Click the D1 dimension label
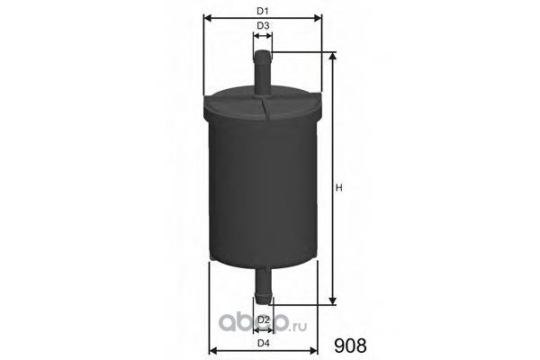point(263,11)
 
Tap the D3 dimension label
point(263,25)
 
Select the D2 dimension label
point(263,319)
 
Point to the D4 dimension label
point(263,343)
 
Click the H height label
point(339,188)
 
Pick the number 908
point(350,346)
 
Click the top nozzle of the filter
point(263,73)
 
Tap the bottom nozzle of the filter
point(263,285)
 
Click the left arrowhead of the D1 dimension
point(207,18)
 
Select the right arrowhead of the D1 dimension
point(319,18)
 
